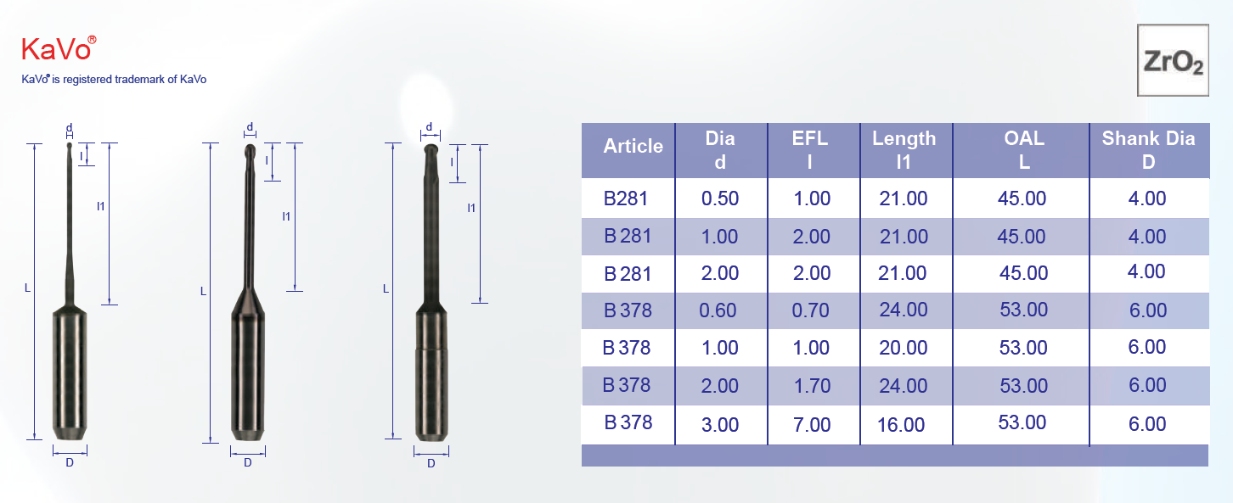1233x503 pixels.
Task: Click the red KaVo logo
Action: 59,48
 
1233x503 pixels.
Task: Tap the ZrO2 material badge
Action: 1173,60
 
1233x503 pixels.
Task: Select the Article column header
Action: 633,146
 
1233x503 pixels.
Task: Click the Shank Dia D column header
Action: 1148,149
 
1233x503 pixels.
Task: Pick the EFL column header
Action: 810,149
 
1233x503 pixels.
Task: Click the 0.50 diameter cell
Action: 720,198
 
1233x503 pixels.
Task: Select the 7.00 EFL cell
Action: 812,425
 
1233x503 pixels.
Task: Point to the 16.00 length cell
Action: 901,425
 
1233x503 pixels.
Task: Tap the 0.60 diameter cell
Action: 718,310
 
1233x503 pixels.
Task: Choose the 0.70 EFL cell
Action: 810,310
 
